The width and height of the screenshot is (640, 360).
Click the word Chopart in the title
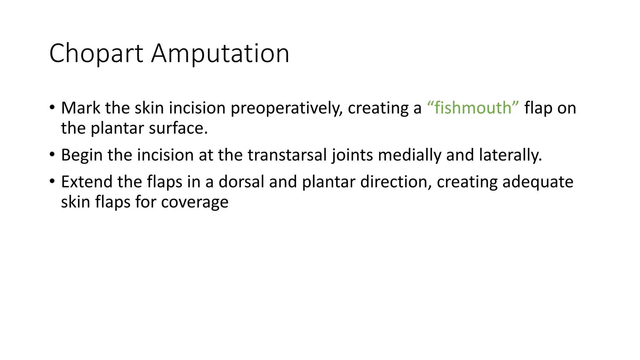tap(96, 54)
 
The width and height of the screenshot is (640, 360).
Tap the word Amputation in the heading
tap(220, 54)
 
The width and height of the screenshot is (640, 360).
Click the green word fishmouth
tap(473, 108)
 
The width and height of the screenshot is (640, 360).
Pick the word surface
tap(178, 128)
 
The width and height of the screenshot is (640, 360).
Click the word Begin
tap(82, 155)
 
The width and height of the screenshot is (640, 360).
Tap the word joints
tap(352, 155)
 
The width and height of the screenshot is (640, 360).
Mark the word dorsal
tap(241, 182)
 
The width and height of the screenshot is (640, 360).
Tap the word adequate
tap(537, 182)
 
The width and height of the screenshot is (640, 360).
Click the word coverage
tap(195, 202)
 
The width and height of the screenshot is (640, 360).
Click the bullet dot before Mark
tap(52, 107)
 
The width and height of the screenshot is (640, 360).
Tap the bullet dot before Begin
tap(52, 154)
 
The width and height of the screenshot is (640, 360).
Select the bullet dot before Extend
tap(52, 181)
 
